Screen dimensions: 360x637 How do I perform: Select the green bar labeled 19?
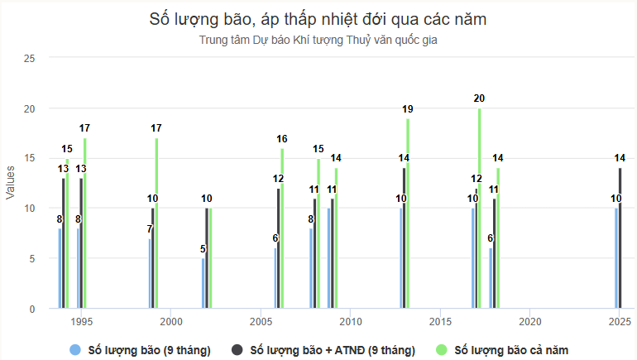coord(408,213)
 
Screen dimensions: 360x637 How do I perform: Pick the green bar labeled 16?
coord(282,228)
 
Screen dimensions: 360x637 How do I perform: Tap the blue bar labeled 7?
coord(150,273)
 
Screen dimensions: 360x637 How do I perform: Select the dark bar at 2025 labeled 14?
coord(620,238)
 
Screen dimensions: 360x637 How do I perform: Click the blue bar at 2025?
coord(615,258)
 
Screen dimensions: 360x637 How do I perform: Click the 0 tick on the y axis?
coord(33,309)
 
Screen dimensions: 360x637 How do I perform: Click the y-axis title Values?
coord(11,183)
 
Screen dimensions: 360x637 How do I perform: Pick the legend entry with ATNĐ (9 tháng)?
coord(332,350)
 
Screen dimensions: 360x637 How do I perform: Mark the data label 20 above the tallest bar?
coord(479,98)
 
